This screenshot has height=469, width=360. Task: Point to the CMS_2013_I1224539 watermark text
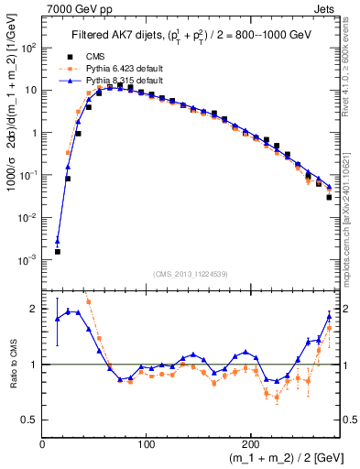tap(190, 272)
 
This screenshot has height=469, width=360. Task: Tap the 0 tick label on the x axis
tap(42, 442)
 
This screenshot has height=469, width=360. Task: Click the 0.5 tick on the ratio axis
tap(31, 420)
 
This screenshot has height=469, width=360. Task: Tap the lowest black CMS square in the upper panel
tap(57, 251)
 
